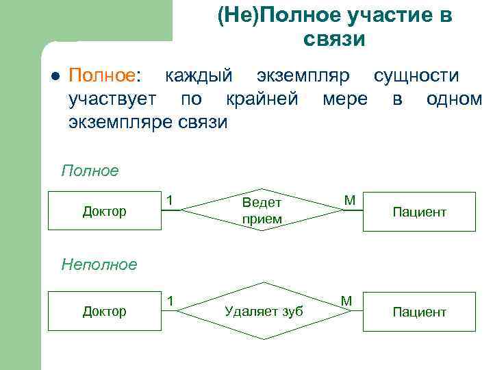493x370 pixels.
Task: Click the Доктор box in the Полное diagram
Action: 105,211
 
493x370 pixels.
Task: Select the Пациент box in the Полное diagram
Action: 419,212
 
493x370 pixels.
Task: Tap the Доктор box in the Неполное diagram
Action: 105,311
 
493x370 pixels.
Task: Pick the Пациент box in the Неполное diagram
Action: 419,312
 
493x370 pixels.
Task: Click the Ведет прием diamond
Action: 262,211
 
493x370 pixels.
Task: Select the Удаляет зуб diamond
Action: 264,311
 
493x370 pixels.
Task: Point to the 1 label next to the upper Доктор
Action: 169,199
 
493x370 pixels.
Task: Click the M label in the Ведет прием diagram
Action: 349,199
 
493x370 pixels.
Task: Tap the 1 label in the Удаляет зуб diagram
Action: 169,300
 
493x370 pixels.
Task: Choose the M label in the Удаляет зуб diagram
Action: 346,300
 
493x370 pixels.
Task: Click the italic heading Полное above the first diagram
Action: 90,170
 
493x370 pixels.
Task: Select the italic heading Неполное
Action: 99,264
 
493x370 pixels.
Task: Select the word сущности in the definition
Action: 416,75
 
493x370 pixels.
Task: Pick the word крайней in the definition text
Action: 262,99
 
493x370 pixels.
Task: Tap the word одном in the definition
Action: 453,99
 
